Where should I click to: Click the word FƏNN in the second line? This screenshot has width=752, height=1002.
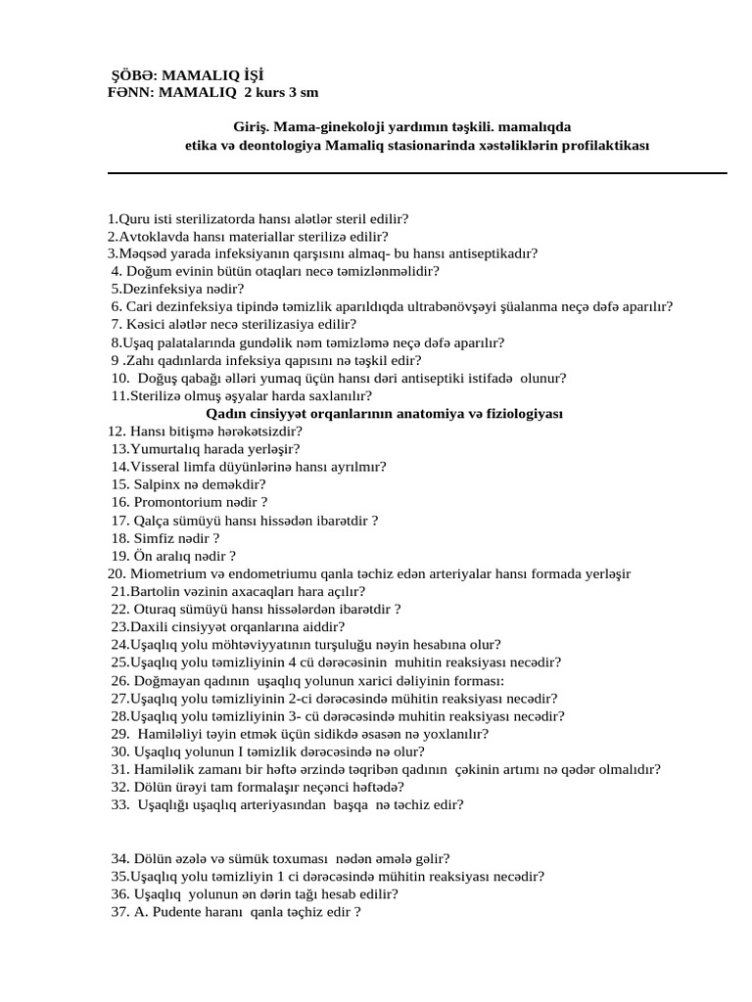click(127, 92)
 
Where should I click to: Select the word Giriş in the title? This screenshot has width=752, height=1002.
click(250, 128)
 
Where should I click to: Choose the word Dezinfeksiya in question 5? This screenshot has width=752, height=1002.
click(156, 289)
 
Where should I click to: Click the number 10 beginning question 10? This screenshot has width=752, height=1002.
click(119, 378)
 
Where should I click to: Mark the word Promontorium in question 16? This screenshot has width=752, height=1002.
click(176, 501)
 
